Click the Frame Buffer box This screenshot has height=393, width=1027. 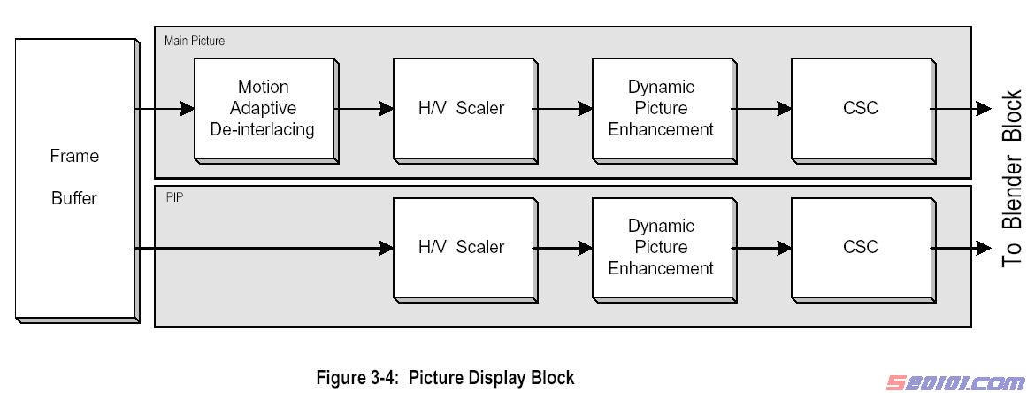tap(74, 177)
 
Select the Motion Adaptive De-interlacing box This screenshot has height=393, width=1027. tap(263, 108)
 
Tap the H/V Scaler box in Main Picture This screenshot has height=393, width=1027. tap(462, 108)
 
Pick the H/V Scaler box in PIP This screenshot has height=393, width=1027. tap(462, 247)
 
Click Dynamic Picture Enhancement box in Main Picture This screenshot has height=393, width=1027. tap(661, 108)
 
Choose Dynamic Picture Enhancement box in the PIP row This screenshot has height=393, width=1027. tap(661, 247)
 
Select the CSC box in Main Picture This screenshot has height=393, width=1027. tap(860, 108)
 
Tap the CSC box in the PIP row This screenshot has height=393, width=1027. tap(860, 247)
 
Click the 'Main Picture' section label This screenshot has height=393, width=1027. tap(195, 41)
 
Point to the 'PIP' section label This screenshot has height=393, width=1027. tap(173, 196)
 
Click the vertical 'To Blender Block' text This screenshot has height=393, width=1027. tap(1011, 177)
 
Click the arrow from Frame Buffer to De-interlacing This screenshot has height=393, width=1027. tap(165, 109)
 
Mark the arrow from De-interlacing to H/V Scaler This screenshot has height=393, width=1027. tap(363, 109)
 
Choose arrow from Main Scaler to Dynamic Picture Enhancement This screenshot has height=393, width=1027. tap(563, 109)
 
